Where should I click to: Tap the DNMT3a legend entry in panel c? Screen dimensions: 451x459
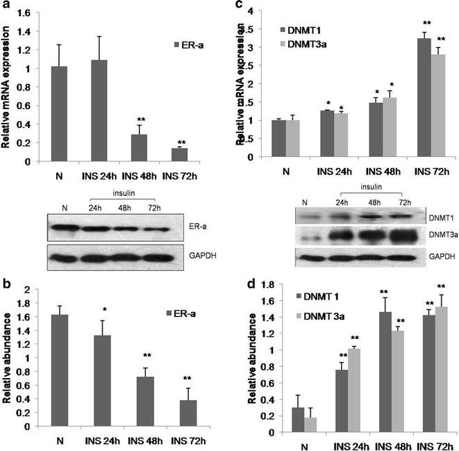pyautogui.click(x=281, y=44)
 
